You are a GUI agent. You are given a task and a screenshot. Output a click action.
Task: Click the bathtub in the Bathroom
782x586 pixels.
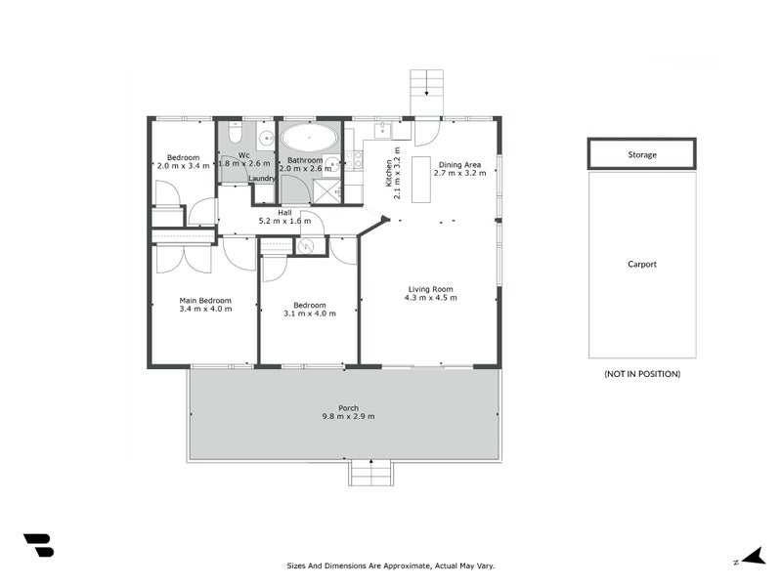(x=309, y=138)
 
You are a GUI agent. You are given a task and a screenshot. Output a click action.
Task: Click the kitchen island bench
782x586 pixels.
(x=421, y=179)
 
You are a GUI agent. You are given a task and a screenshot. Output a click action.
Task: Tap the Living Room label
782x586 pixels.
(x=430, y=289)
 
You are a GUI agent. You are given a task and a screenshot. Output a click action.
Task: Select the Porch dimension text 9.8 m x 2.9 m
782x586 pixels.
(x=349, y=417)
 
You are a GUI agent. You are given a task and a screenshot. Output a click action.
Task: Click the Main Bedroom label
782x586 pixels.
(x=205, y=301)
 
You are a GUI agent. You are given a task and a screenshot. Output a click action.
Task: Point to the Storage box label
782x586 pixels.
(x=642, y=154)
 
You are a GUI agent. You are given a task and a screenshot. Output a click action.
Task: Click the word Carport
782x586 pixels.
(x=642, y=264)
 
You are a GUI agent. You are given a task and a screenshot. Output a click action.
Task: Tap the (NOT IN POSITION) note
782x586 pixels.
(x=642, y=374)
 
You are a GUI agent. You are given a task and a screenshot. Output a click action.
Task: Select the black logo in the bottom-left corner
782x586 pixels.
(x=38, y=546)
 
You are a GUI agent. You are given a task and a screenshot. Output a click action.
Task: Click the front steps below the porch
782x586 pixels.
(x=372, y=474)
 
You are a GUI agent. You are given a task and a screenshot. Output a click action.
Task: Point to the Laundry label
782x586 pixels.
(x=262, y=179)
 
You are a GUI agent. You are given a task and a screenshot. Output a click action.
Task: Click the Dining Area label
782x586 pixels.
(x=458, y=165)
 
